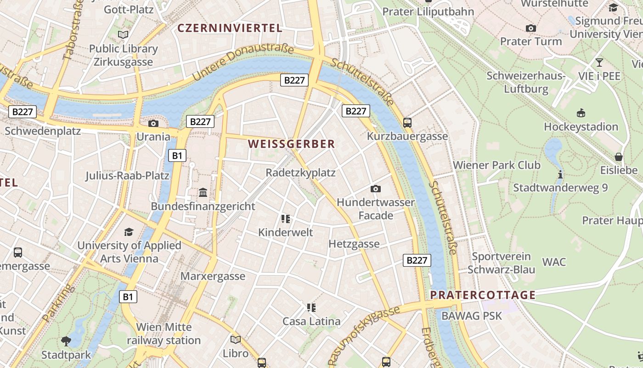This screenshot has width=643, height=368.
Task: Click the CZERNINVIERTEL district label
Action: pyautogui.click(x=230, y=28)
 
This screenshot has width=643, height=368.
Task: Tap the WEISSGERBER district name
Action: pyautogui.click(x=292, y=144)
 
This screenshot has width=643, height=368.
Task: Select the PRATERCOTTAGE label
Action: pyautogui.click(x=483, y=295)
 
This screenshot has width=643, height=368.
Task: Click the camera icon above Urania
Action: pyautogui.click(x=153, y=123)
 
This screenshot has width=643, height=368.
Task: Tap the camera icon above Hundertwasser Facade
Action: pyautogui.click(x=376, y=189)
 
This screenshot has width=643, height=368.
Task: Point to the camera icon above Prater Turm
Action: pyautogui.click(x=531, y=28)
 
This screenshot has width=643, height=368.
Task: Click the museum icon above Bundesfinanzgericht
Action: pyautogui.click(x=203, y=192)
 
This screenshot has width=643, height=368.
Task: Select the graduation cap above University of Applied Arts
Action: pyautogui.click(x=129, y=232)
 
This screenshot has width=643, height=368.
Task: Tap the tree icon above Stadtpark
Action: pyautogui.click(x=66, y=341)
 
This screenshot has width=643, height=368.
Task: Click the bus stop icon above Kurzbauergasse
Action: pyautogui.click(x=407, y=123)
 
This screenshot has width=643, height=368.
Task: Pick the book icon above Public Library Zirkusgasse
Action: pyautogui.click(x=123, y=34)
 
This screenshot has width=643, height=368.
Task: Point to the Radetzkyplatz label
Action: pyautogui.click(x=301, y=173)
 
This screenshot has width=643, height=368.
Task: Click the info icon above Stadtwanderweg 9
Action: pyautogui.click(x=560, y=174)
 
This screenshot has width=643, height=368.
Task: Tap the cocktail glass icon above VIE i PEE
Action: pyautogui.click(x=599, y=62)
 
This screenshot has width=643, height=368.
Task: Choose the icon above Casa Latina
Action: pyautogui.click(x=311, y=307)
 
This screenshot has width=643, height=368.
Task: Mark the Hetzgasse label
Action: pyautogui.click(x=354, y=244)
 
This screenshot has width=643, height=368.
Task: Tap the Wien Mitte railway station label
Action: pyautogui.click(x=164, y=334)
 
